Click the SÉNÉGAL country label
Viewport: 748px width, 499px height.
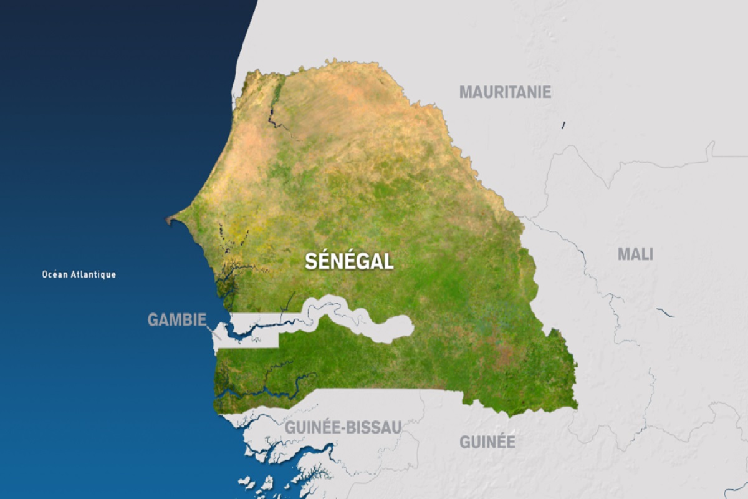(x=349, y=261)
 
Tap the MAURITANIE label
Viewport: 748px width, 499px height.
(x=505, y=92)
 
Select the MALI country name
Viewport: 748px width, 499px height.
(x=635, y=254)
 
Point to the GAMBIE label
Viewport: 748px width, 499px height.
(x=176, y=320)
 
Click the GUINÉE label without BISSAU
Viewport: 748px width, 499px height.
(x=487, y=442)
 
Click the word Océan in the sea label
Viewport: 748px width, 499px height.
(x=54, y=274)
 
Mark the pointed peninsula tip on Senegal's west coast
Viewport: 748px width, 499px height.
(x=168, y=220)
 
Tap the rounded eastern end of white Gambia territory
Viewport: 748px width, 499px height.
(x=408, y=327)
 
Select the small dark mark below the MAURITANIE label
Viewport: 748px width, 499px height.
(x=563, y=125)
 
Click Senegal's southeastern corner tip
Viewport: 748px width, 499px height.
(x=575, y=407)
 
